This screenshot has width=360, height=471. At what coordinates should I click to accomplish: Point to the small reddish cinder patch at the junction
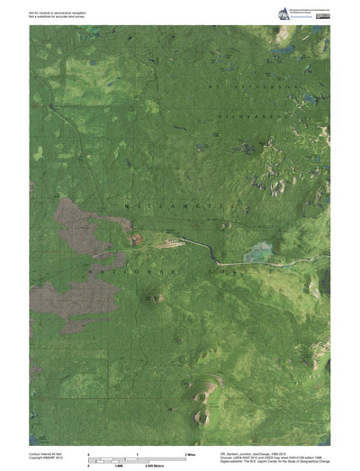pos(138,239)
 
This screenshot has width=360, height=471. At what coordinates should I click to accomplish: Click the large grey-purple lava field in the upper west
pos(77,220)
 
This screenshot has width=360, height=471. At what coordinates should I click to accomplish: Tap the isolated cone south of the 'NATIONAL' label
pos(158,296)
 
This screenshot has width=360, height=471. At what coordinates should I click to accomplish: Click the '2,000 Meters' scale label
pos(136,465)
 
